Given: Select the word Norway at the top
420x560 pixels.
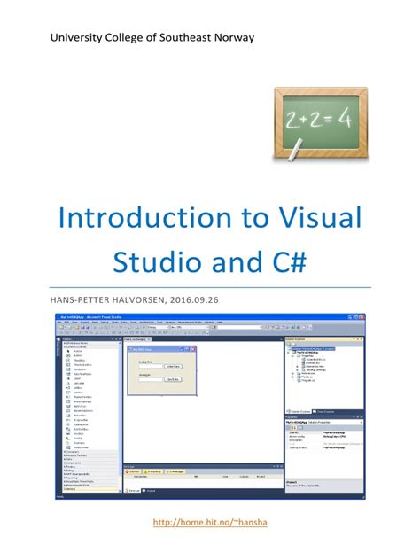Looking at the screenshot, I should [230, 37].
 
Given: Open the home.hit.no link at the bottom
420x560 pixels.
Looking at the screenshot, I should [210, 523].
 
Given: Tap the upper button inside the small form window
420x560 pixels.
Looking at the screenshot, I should [173, 365].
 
